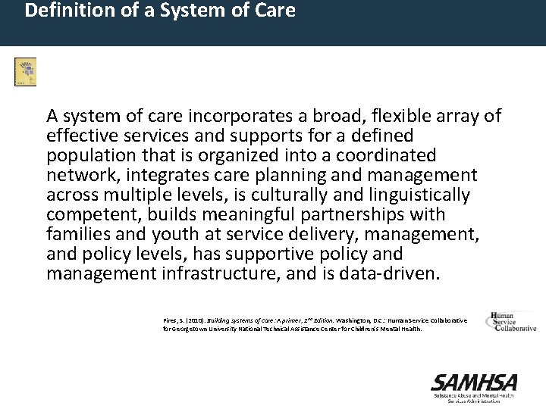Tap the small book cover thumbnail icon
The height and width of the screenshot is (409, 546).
pyautogui.click(x=25, y=71)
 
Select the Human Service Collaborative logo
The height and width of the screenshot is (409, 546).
pyautogui.click(x=511, y=322)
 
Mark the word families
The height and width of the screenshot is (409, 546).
pyautogui.click(x=76, y=234)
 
